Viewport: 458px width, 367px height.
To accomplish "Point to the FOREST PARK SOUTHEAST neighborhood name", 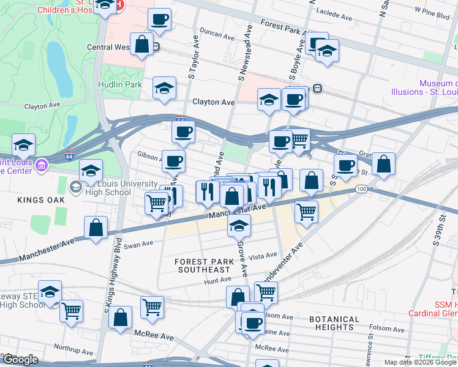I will coord(203,265).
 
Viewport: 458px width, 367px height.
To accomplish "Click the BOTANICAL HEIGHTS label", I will coord(334,324).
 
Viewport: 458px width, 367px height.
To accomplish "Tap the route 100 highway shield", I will coord(362,190).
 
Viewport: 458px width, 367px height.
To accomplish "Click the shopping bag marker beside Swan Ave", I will coord(97,228).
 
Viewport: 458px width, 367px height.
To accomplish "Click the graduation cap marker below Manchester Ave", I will coord(239,227).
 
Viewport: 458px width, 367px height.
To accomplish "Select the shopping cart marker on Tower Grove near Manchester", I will coord(306,212).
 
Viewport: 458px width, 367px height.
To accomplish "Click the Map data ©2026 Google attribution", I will coord(420,362).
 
